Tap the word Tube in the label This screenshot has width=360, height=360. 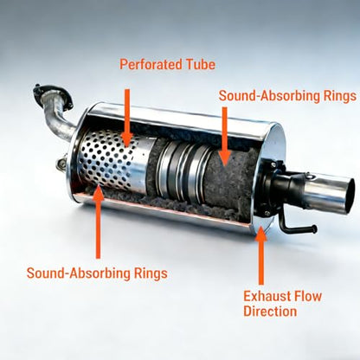(201, 64)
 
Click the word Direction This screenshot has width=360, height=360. (270, 312)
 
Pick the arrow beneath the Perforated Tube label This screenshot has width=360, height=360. (127, 118)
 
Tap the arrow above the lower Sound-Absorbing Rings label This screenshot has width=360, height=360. (99, 222)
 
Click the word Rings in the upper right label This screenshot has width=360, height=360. (340, 96)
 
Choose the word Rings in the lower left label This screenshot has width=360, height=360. (151, 273)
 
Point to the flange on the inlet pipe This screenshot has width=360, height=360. (52, 96)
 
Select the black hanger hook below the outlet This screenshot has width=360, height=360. (296, 226)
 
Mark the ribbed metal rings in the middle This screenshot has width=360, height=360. (183, 171)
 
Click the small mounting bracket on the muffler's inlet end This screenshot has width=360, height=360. (61, 163)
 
